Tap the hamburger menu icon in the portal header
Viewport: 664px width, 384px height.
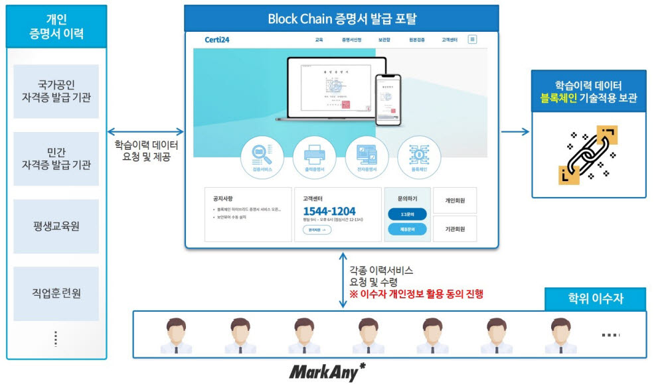(x=472, y=40)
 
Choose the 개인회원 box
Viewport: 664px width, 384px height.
(x=455, y=200)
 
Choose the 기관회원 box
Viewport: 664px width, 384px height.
(x=455, y=229)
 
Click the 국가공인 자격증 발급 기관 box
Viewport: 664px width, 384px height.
(x=56, y=91)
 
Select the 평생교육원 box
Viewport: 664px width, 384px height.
(x=56, y=226)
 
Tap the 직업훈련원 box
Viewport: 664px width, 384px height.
(x=56, y=293)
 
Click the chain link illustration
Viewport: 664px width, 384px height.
(x=588, y=154)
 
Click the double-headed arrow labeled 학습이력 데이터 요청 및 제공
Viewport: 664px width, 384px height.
(x=145, y=131)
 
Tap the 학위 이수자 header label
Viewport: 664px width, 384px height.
(x=595, y=300)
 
